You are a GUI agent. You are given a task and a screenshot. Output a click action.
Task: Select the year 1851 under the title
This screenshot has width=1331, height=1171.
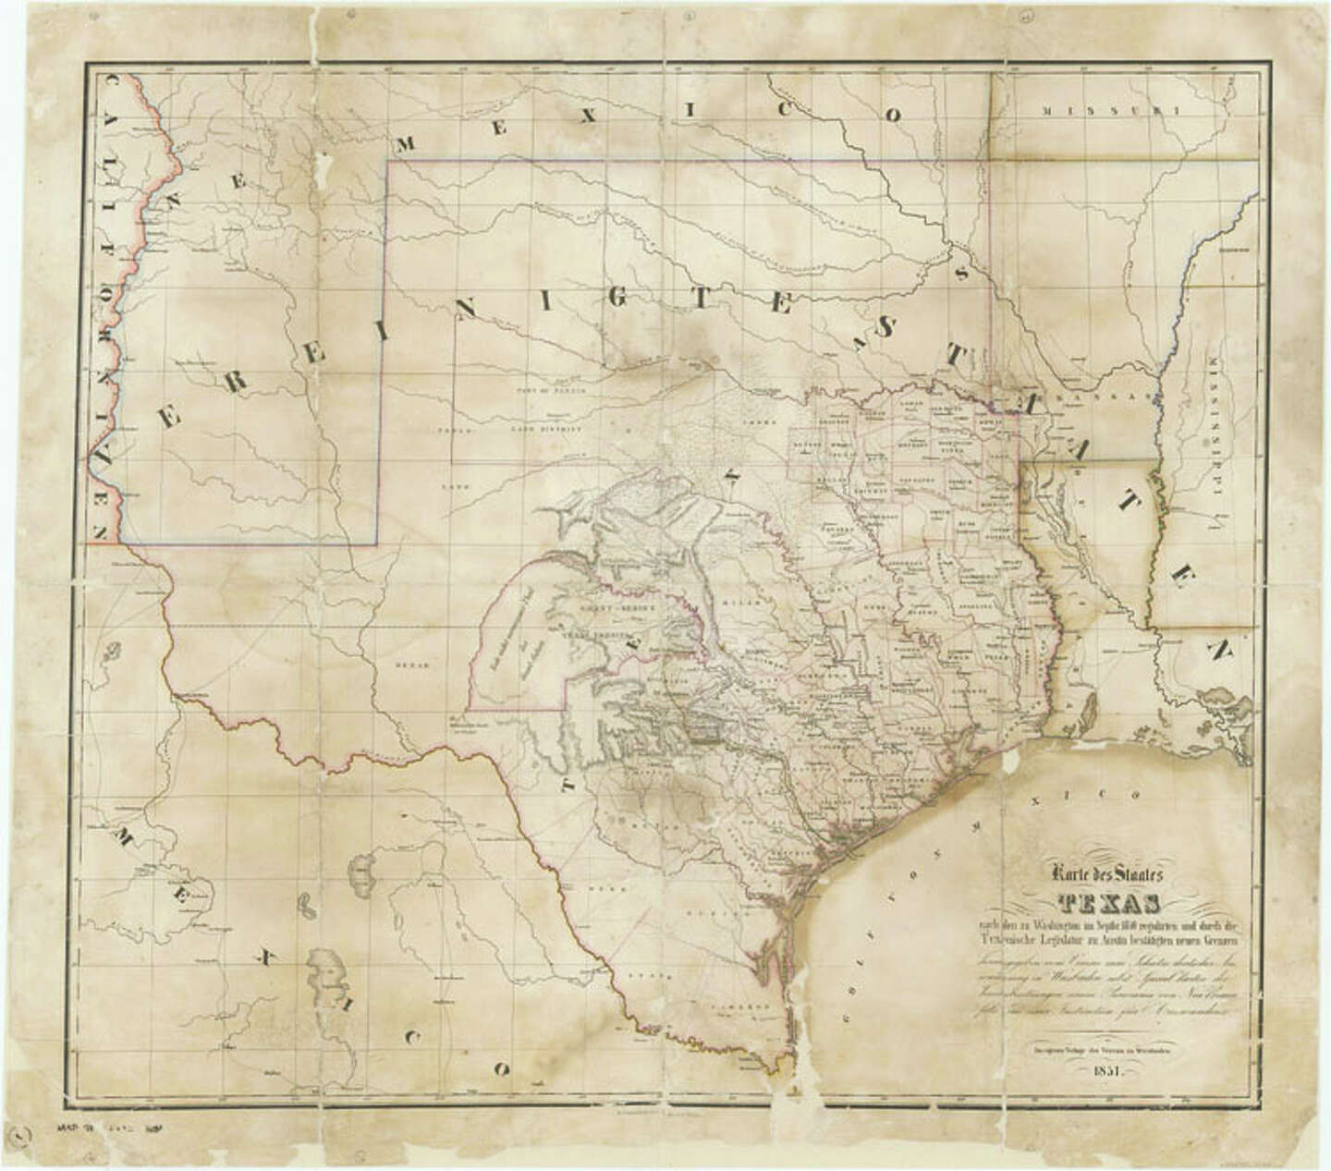[1107, 1071]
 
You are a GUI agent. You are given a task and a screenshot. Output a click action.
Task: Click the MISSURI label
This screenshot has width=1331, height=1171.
[1113, 111]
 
